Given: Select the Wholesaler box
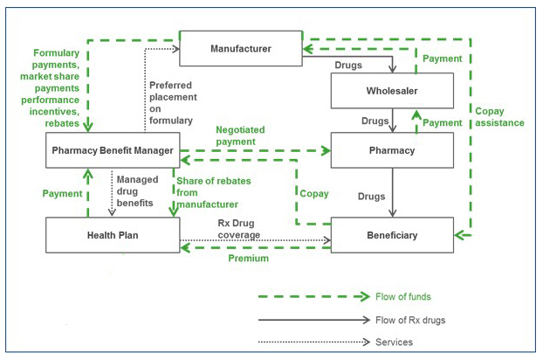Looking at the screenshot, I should point(392,91).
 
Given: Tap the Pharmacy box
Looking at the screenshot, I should point(392,151).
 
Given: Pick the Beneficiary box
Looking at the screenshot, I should point(392,235).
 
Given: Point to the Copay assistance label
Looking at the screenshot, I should point(500,116).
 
